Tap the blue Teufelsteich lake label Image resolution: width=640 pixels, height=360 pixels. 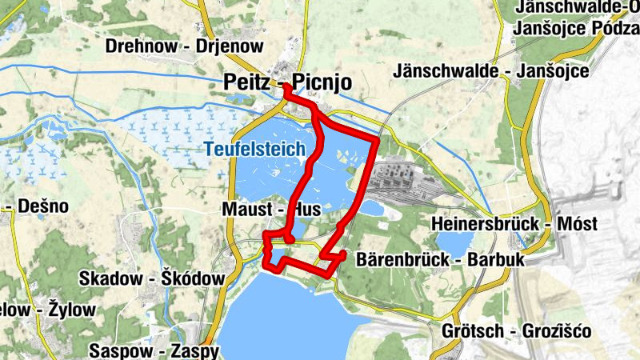[254, 149]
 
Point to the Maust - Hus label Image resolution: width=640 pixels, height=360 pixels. [270, 210]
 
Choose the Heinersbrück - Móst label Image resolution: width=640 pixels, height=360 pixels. [514, 225]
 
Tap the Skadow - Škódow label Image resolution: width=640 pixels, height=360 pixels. [152, 278]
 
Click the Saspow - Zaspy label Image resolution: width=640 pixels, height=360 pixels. [153, 350]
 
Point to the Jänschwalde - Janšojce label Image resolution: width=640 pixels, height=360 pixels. [491, 71]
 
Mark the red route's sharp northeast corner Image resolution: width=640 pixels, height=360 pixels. [376, 140]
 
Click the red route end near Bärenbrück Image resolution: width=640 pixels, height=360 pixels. [342, 254]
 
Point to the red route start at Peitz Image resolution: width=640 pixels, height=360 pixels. [286, 95]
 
